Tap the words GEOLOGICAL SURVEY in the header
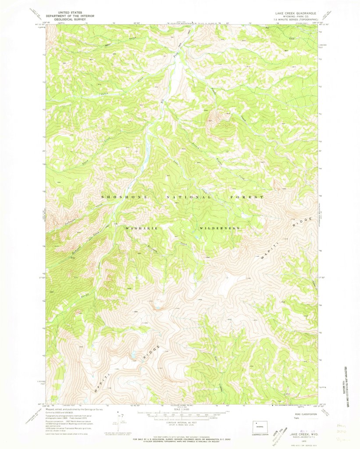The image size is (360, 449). (x=67, y=19)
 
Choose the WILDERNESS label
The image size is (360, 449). (x=220, y=229)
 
